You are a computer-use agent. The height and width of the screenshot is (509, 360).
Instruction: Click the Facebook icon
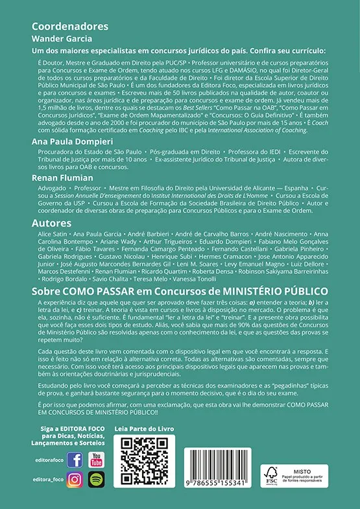[75, 460]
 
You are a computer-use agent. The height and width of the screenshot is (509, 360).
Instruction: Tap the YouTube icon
[96, 460]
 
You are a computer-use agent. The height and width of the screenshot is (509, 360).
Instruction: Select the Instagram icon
[75, 480]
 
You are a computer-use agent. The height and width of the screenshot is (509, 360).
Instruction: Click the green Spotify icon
[96, 480]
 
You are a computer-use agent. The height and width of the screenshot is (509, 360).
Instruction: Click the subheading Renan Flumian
[64, 176]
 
